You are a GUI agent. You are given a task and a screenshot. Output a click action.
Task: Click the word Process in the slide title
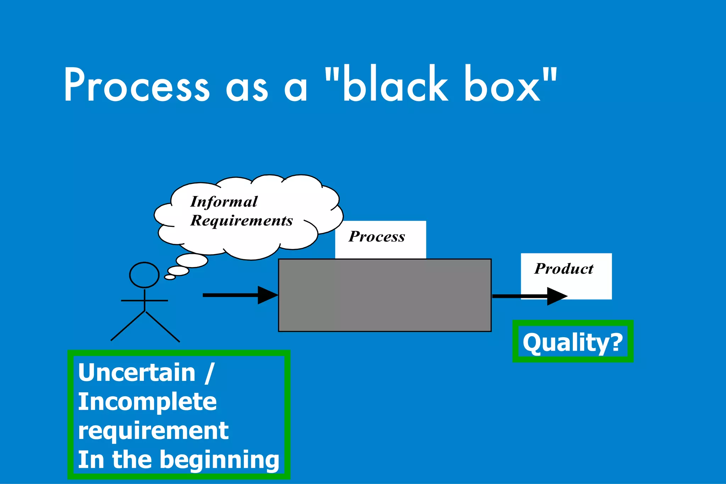pyautogui.click(x=136, y=85)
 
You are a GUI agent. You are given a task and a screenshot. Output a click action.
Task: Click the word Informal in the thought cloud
pyautogui.click(x=224, y=202)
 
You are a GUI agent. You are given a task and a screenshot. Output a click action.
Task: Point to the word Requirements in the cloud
pyautogui.click(x=241, y=221)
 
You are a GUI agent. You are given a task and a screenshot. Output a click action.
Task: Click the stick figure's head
pyautogui.click(x=144, y=275)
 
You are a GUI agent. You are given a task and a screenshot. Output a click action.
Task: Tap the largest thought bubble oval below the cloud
pyautogui.click(x=192, y=261)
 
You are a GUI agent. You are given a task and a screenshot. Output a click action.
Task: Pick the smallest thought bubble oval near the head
pyautogui.click(x=170, y=277)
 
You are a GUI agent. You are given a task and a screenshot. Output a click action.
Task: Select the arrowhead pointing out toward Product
pyautogui.click(x=557, y=296)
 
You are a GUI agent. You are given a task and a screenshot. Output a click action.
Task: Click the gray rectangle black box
pyautogui.click(x=385, y=295)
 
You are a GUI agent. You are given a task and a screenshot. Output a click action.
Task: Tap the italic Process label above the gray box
pyautogui.click(x=376, y=237)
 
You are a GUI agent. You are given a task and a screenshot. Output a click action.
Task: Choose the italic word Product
pyautogui.click(x=564, y=269)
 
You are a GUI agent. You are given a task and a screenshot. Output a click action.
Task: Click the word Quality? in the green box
pyautogui.click(x=573, y=343)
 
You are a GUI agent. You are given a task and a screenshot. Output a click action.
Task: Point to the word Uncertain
pyautogui.click(x=137, y=373)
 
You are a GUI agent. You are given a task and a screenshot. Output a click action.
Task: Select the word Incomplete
pyautogui.click(x=147, y=402)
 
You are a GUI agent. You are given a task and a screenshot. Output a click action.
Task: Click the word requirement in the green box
pyautogui.click(x=153, y=431)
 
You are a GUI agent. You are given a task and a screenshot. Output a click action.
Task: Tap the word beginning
pyautogui.click(x=219, y=460)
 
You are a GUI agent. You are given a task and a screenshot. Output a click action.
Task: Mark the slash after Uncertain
pyautogui.click(x=210, y=373)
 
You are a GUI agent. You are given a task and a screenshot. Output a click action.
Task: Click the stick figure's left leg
pyautogui.click(x=128, y=326)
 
